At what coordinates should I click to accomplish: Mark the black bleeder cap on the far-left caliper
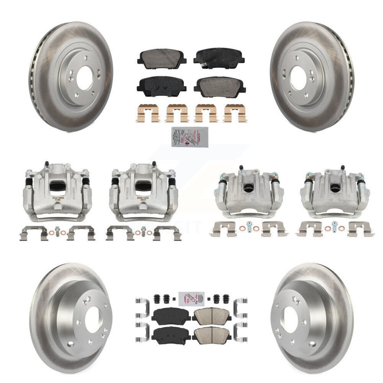coord(47,163)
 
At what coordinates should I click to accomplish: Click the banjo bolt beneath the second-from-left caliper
coord(143,231)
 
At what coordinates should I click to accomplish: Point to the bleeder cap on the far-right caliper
coord(342,168)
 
